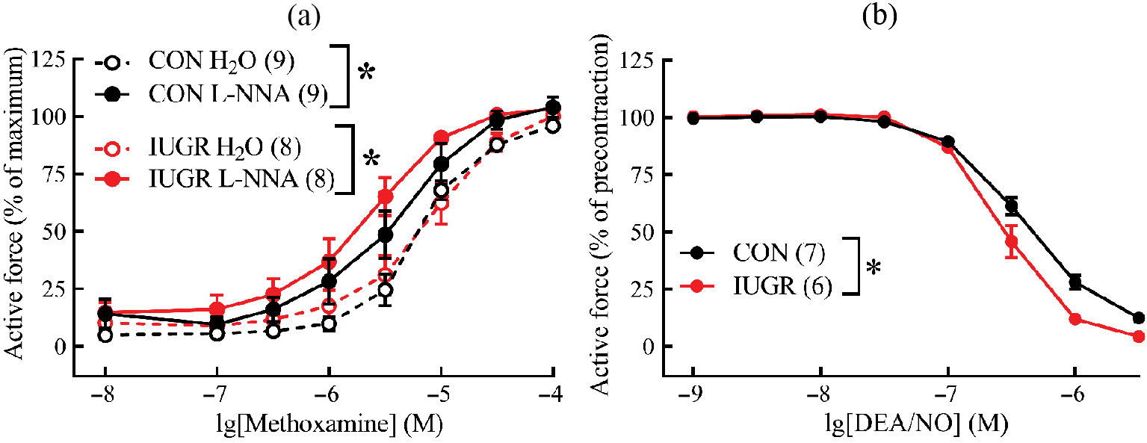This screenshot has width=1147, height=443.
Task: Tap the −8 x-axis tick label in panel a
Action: coord(104,393)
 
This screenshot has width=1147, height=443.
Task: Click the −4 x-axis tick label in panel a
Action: coord(551,393)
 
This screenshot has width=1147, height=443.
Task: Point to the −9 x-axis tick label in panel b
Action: coord(693,393)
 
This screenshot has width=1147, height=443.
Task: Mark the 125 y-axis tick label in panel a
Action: coord(50,59)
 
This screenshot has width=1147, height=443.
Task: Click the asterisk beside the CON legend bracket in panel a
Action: coord(366,74)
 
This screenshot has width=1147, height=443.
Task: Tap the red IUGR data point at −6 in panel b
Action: coord(1075,319)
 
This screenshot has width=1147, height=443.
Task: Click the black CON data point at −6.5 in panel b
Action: coord(1011,206)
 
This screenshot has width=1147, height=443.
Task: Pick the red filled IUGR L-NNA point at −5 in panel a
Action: coord(441,137)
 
